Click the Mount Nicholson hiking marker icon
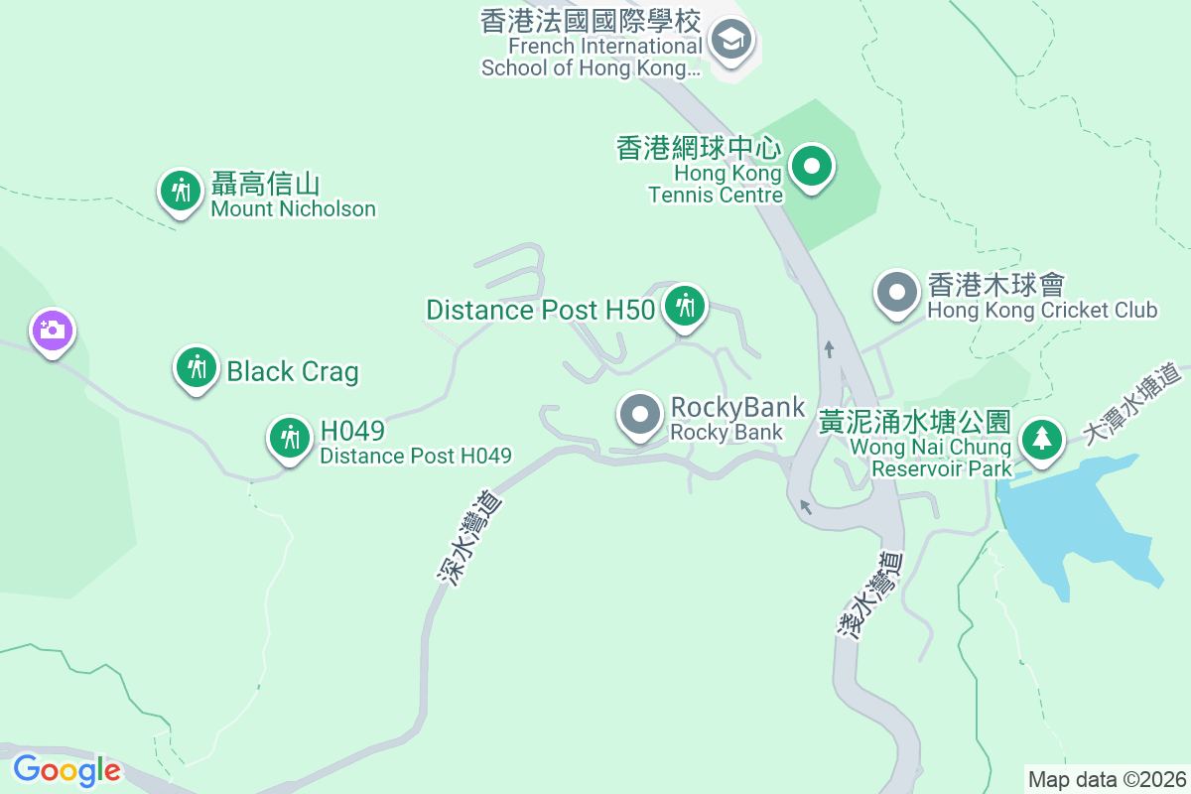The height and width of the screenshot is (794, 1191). point(181,189)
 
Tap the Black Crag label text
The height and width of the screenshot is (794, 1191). point(292,371)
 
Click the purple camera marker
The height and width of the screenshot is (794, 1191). point(53,330)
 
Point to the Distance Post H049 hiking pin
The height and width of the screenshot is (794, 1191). point(290,437)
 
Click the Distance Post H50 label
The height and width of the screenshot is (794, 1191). point(540,310)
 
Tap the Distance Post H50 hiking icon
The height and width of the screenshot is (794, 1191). point(684,306)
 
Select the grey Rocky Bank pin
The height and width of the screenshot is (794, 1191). point(640,415)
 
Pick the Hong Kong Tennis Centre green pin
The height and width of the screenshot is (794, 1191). point(812,166)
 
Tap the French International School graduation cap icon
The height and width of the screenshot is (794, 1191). point(731,42)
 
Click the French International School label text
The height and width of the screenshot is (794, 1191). point(591,45)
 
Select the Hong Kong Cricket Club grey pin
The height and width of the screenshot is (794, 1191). point(898,293)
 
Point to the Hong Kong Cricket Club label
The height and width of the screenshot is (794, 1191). point(1041,298)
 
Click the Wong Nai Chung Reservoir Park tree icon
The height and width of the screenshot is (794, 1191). point(1041,439)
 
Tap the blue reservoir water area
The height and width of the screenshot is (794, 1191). point(1072,526)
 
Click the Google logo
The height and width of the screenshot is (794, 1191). point(66,769)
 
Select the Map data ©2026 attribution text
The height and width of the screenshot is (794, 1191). point(1107,779)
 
